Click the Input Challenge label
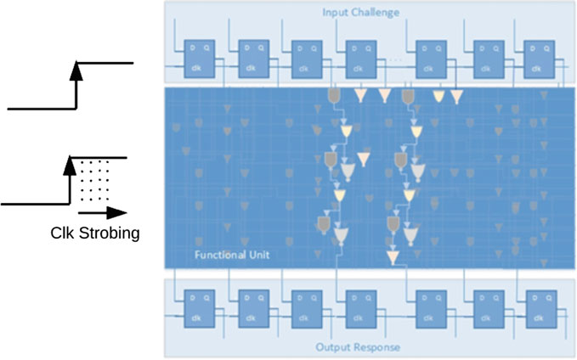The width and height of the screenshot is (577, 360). [361, 11]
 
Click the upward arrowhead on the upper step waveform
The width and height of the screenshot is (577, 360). [76, 71]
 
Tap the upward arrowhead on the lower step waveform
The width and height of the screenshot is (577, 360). [70, 165]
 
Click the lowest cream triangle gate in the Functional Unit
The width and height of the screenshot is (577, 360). [393, 257]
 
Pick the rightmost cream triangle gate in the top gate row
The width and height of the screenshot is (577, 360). [457, 97]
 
